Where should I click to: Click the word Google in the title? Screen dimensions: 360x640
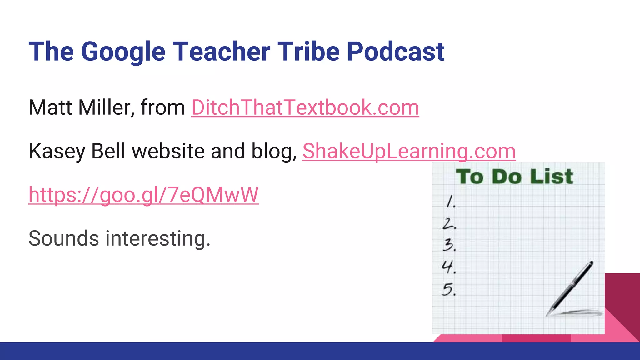tap(123, 52)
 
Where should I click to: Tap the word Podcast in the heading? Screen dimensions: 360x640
tap(396, 52)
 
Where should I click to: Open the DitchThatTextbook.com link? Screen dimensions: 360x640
tap(305, 107)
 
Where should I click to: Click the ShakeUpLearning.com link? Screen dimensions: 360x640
tap(409, 151)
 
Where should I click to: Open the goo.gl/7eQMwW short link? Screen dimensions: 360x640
tap(143, 195)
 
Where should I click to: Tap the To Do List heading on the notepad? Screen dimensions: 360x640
tap(514, 177)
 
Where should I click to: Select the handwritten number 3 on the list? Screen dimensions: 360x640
tap(449, 245)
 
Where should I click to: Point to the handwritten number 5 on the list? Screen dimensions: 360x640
tap(449, 289)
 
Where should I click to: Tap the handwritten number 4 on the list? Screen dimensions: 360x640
tap(448, 267)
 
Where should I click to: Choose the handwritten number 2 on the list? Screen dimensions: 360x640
tap(449, 224)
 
